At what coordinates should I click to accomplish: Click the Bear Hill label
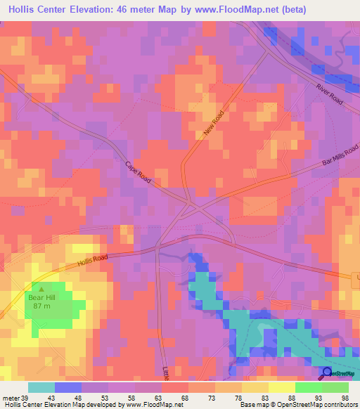tap(41, 297)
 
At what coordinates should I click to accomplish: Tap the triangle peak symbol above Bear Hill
tap(41, 288)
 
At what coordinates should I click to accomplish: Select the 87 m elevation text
tap(41, 306)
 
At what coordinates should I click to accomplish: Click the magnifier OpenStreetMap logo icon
tap(327, 373)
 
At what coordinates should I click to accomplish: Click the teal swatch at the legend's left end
tap(41, 387)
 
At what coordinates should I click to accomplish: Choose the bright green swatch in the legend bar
tap(308, 387)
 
